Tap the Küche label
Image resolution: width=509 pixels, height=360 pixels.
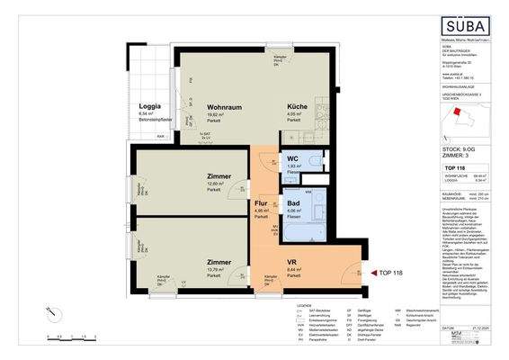[x=286, y=105]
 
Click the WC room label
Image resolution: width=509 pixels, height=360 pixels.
[x=292, y=157]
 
